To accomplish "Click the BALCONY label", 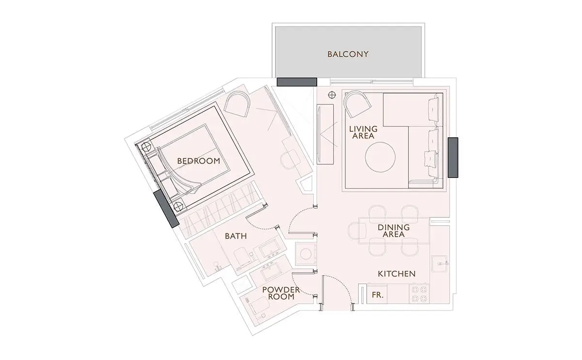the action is pyautogui.click(x=348, y=54).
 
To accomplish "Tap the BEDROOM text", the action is pyautogui.click(x=198, y=161).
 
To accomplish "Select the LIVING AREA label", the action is pyautogui.click(x=363, y=132).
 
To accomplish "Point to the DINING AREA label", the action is pyautogui.click(x=394, y=231).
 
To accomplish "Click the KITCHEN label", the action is pyautogui.click(x=397, y=274).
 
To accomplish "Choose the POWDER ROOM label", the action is pyautogui.click(x=281, y=293).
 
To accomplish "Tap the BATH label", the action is pyautogui.click(x=236, y=236).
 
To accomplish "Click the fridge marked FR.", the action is pyautogui.click(x=377, y=294).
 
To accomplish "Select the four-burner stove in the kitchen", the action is pyautogui.click(x=420, y=294).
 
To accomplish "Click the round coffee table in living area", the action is pyautogui.click(x=380, y=157).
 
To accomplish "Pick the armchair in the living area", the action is pyautogui.click(x=357, y=104).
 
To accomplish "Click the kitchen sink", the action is pyautogui.click(x=439, y=263).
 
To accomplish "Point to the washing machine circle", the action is pyautogui.click(x=306, y=254).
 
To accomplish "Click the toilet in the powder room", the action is pyautogui.click(x=258, y=308).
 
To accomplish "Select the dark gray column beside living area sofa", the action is pyautogui.click(x=453, y=158).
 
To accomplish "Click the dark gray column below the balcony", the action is pyautogui.click(x=297, y=82).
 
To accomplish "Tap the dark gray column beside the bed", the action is pyautogui.click(x=166, y=209).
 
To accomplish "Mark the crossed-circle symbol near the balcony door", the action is pyautogui.click(x=332, y=95).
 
